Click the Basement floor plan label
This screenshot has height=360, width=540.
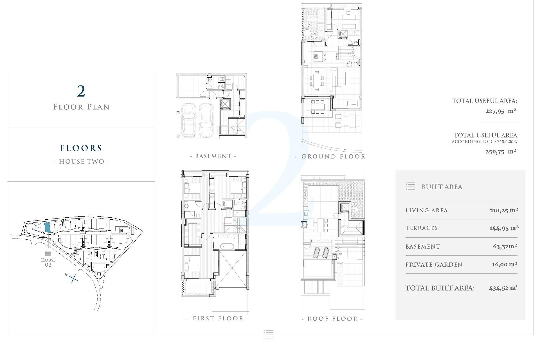(213, 156)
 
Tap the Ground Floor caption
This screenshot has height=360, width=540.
(333, 157)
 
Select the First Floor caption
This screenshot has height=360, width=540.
(218, 319)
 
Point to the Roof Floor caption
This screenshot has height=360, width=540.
(333, 319)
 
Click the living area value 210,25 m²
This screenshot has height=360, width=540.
(504, 210)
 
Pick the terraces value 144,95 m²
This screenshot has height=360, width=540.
(504, 228)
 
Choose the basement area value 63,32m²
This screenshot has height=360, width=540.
(505, 247)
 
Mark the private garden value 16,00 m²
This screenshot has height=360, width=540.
(505, 264)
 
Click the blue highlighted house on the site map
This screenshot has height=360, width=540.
(48, 227)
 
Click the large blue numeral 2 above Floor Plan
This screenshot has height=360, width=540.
(81, 91)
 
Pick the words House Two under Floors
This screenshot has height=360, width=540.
(81, 162)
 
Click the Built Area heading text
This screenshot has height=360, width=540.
(442, 187)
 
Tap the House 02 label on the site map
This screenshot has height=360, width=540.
(48, 262)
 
